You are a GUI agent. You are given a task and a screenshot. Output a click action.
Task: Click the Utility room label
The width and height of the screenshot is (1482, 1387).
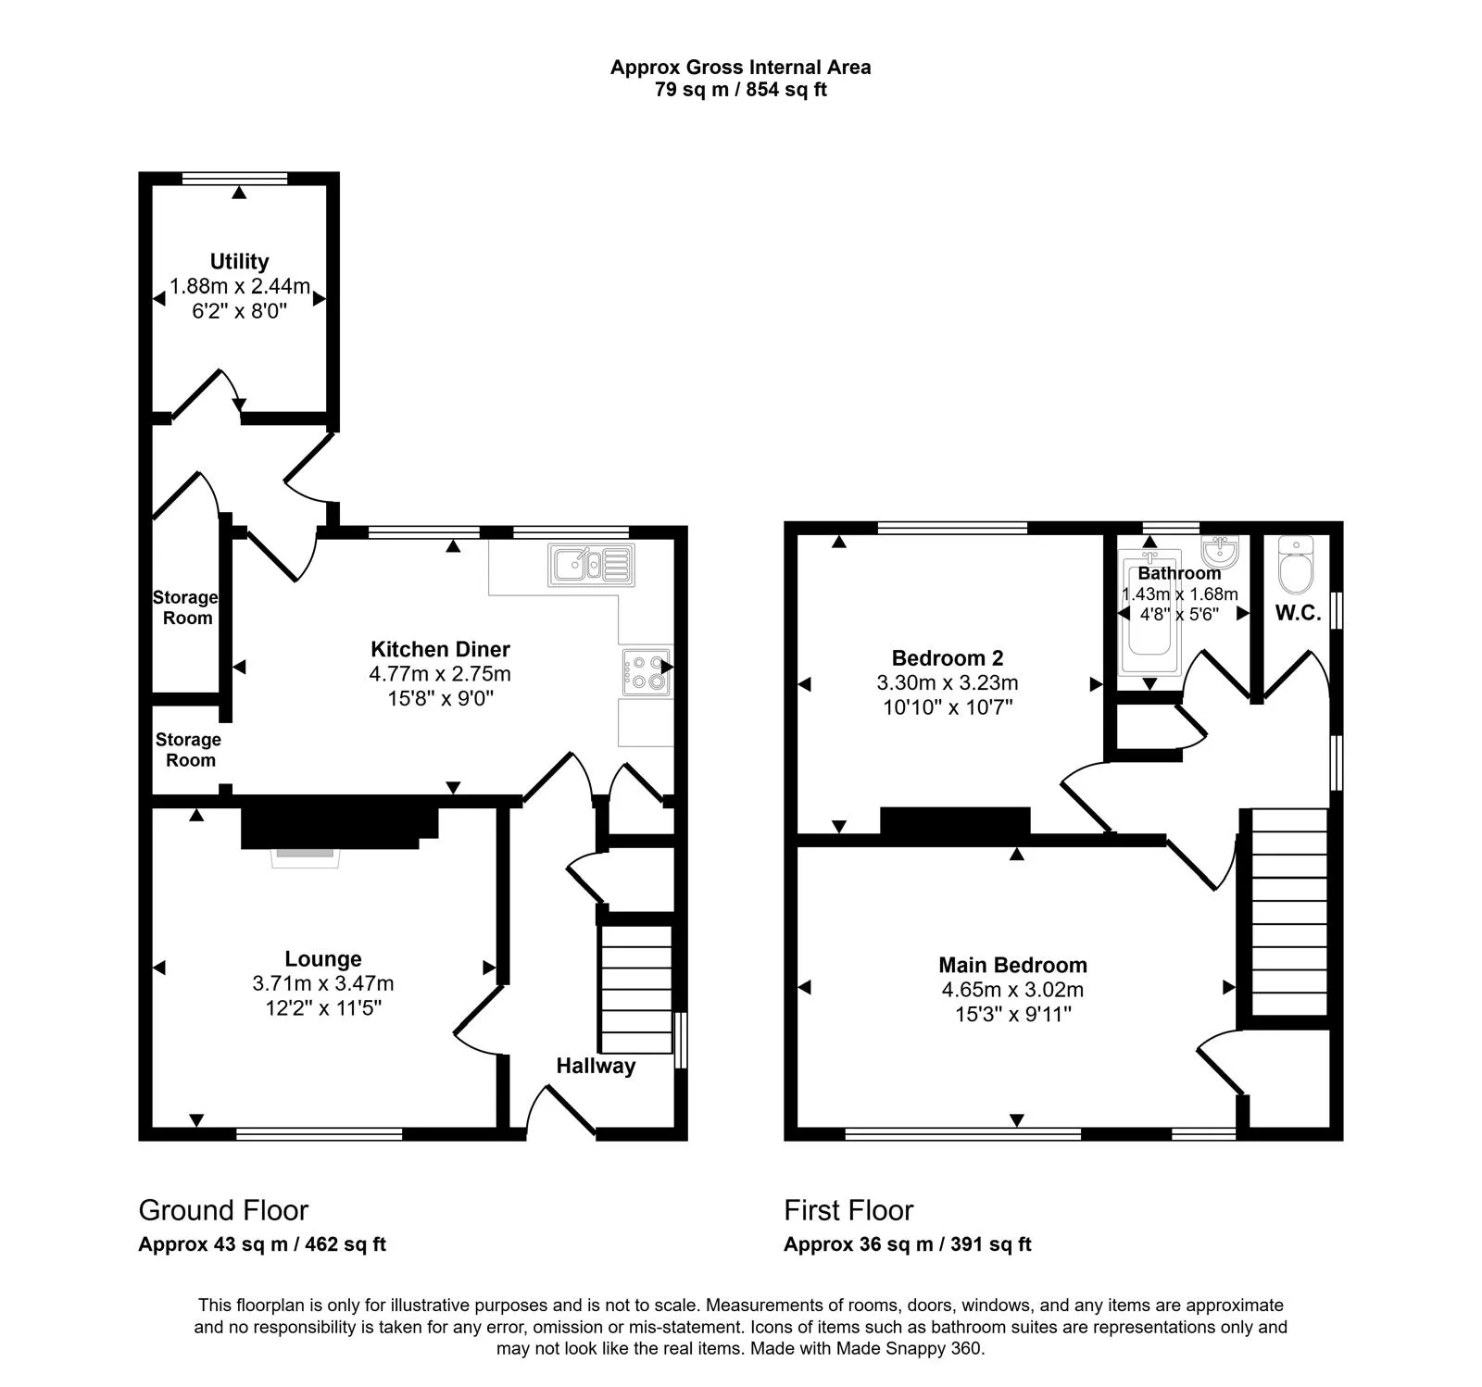tap(239, 261)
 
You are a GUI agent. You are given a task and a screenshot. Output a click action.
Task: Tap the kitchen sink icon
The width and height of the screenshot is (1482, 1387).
tap(592, 565)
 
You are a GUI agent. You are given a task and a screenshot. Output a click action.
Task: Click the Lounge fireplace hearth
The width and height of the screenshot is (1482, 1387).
tap(305, 858)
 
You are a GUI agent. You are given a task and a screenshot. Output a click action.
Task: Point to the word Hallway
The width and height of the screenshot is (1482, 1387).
tap(596, 1066)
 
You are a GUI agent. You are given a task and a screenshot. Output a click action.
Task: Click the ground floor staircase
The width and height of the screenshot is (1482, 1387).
tap(636, 988)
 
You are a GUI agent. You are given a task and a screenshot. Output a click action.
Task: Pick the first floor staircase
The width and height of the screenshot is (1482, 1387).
tap(1289, 912)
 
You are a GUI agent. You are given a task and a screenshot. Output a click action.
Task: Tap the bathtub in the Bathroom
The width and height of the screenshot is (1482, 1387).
tap(1149, 612)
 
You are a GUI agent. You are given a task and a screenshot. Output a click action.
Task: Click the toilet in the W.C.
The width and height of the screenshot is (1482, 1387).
tap(1296, 565)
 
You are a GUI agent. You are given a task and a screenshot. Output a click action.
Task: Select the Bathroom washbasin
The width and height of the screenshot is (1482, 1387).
tap(1221, 552)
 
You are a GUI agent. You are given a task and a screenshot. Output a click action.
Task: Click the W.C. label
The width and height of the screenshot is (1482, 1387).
tap(1298, 613)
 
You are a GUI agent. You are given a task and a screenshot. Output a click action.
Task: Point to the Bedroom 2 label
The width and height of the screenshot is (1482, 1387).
tap(948, 658)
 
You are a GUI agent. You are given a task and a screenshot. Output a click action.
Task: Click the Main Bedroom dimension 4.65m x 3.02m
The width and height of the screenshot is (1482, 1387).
tap(1012, 990)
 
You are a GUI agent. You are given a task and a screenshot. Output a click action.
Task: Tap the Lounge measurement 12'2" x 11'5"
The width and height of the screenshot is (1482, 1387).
tap(323, 1007)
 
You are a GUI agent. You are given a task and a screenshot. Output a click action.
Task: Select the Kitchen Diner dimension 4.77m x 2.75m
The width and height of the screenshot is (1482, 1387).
tap(440, 674)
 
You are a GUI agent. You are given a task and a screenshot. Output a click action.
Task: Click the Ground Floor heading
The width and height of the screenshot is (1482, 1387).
tap(223, 1210)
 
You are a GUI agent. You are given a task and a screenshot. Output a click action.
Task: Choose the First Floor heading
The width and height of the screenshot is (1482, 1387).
tap(848, 1210)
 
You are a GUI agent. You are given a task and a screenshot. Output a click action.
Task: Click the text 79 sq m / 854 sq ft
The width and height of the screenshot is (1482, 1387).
tap(740, 90)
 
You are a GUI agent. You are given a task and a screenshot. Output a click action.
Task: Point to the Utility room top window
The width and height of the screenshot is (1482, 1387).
tap(234, 178)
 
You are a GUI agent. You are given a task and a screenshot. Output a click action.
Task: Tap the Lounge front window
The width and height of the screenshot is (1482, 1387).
tap(320, 1133)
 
